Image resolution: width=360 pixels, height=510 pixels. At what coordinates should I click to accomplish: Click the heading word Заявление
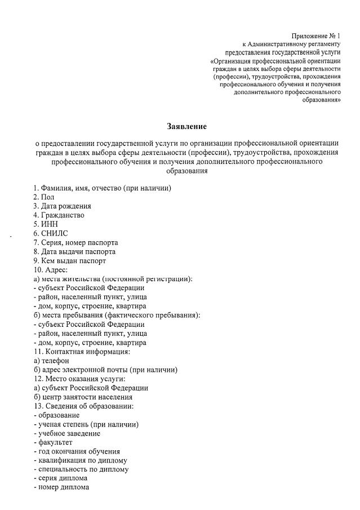(x=186, y=126)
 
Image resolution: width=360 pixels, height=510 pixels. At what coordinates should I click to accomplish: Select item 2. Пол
(x=44, y=197)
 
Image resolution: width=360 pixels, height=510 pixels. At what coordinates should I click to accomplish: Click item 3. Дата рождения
(x=62, y=206)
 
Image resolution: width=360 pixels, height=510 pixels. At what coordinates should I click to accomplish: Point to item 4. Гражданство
(x=59, y=215)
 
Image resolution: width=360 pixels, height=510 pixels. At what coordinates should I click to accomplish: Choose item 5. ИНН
(x=46, y=224)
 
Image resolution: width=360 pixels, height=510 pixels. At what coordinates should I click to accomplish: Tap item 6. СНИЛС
(x=51, y=233)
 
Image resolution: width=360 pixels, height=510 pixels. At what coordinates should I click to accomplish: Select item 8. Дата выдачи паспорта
(x=74, y=251)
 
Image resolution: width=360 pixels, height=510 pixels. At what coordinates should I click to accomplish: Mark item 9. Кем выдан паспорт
(x=69, y=260)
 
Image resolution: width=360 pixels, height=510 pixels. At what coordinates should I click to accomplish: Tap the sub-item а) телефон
(x=51, y=361)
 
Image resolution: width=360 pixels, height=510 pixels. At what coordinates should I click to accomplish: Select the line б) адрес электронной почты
(x=105, y=370)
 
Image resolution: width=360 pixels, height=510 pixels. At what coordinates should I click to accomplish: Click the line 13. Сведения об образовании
(x=83, y=406)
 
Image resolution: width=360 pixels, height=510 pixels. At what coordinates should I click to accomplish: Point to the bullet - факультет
(x=53, y=442)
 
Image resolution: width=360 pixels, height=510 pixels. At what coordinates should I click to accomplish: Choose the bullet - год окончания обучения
(x=76, y=451)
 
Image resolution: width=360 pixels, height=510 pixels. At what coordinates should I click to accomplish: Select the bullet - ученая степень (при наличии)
(x=86, y=424)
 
